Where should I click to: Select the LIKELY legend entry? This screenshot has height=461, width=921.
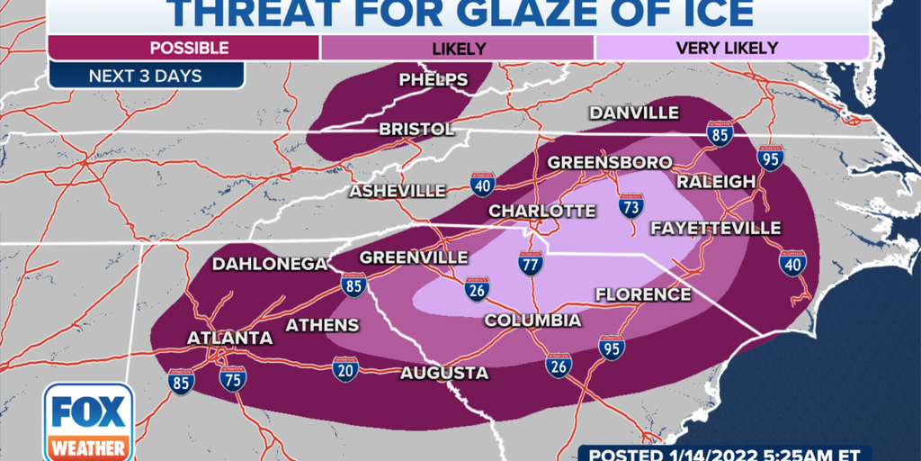(x=459, y=48)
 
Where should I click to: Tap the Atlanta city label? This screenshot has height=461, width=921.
(x=229, y=338)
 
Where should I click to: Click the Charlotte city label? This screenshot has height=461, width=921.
(x=541, y=211)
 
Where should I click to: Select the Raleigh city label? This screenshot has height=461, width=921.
(x=716, y=182)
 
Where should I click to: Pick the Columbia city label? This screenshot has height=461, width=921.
(x=532, y=321)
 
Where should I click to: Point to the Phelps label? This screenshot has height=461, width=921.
(x=434, y=80)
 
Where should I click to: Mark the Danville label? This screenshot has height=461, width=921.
(x=633, y=113)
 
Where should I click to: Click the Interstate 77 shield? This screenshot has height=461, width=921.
(x=530, y=265)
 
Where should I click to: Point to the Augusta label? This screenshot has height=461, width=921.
(x=444, y=373)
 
